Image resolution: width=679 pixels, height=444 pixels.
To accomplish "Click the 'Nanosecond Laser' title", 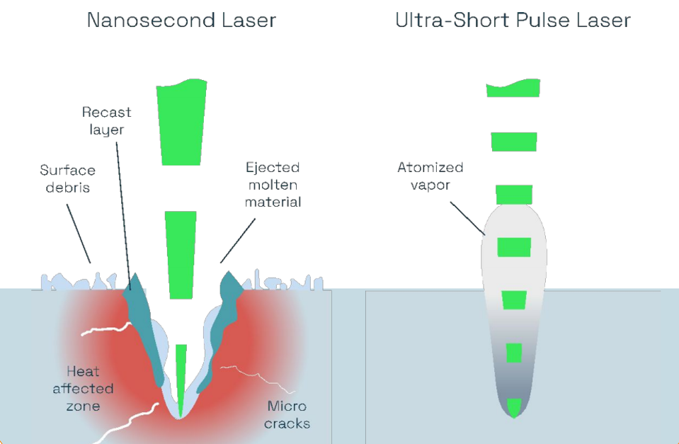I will pos(181,20).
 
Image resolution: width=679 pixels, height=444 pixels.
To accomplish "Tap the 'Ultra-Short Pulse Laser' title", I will pos(513,20).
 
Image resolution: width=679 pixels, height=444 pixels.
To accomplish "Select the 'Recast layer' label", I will pos(106,120).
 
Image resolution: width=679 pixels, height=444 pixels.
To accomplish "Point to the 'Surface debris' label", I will pos(67,178).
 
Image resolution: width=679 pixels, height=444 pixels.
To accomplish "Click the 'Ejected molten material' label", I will pos(273,185).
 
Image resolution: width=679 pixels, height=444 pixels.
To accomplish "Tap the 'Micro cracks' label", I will pos(288,414).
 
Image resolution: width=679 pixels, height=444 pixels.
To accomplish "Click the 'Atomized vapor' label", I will pos(430,176).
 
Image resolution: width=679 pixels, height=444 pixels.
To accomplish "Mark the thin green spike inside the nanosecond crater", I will pos(181,375).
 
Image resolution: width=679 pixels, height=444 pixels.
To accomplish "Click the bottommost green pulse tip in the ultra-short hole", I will pos(514,406).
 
